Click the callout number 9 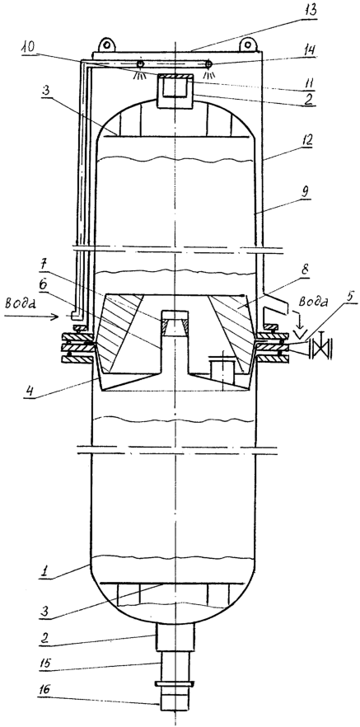(x=306, y=190)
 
